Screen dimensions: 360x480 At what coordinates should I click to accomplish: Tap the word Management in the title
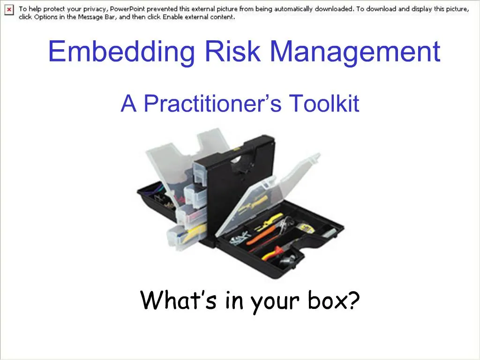355,52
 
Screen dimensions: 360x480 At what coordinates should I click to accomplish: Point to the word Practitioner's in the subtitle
212,104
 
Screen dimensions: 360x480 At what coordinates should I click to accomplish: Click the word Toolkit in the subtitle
323,103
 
